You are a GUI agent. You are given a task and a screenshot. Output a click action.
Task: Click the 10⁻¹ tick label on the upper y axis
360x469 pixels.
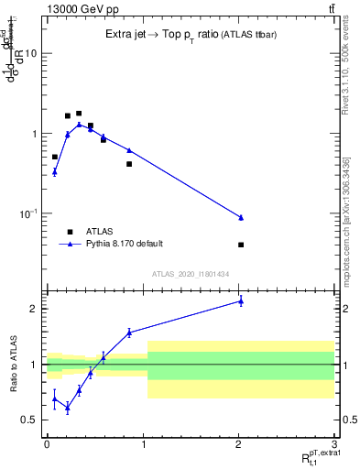click(27, 213)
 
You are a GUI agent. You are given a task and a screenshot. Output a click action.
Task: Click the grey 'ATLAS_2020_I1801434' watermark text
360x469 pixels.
click(191, 274)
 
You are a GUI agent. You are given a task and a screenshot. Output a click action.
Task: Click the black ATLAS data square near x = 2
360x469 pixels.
click(241, 245)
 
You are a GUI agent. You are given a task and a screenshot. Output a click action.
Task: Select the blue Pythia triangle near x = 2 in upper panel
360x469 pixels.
click(241, 217)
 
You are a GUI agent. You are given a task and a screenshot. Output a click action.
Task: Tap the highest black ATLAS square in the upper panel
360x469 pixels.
click(79, 114)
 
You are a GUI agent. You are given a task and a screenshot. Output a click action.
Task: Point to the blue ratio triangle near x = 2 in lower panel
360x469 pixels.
click(241, 300)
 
